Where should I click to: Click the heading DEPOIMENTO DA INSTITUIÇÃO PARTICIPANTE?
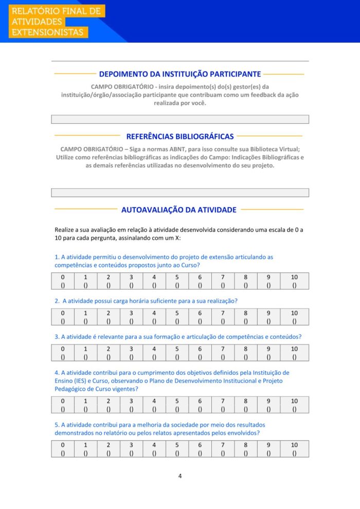[180, 74]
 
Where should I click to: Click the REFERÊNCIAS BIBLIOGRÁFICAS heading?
[180, 136]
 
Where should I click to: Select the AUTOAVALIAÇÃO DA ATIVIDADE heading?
[179, 210]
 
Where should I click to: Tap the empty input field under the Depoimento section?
[180, 119]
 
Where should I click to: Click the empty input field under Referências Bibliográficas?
[180, 193]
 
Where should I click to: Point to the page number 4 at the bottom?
[180, 476]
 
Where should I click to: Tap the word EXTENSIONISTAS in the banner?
[47, 32]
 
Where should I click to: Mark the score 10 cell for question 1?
[294, 281]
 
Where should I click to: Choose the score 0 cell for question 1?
[63, 281]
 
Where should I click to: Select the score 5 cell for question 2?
[177, 317]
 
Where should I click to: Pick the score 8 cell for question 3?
[246, 353]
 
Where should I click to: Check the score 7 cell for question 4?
[223, 405]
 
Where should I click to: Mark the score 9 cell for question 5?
[268, 448]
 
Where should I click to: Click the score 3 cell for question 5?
[131, 448]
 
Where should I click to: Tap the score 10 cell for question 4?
[294, 405]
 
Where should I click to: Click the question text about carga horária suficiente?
[149, 301]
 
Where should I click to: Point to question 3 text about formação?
[178, 337]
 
